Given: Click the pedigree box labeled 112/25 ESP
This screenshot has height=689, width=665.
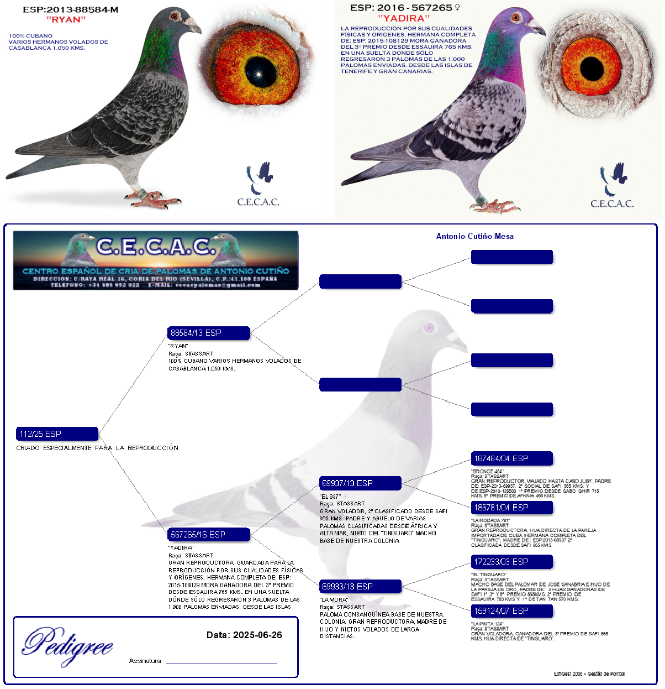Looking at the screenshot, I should [x=57, y=434].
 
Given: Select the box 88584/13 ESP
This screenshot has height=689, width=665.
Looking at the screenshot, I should [x=209, y=333].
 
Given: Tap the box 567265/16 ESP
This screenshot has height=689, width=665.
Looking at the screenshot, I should [x=209, y=535].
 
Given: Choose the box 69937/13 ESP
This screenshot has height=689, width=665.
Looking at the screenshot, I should [x=360, y=483].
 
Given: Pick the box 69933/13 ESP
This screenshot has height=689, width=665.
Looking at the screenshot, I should [x=360, y=587].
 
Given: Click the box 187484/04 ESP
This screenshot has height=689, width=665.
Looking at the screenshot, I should [x=511, y=458].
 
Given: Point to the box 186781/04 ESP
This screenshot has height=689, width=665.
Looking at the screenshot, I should [x=511, y=507].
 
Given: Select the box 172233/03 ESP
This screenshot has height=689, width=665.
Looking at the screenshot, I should [x=511, y=562].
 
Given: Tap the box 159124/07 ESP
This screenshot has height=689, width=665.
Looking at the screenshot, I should [x=511, y=611].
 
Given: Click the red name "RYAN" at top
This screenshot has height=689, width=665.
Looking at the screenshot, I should [x=66, y=20].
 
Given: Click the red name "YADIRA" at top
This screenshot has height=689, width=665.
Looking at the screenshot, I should [x=404, y=18].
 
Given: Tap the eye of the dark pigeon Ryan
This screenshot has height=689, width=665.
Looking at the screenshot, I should [x=175, y=17].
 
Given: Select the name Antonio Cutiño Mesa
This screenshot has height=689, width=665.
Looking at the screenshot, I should [x=475, y=236].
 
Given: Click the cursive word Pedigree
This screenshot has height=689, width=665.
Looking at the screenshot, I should [x=68, y=645].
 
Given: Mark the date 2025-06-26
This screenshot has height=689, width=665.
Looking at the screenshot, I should [x=244, y=635].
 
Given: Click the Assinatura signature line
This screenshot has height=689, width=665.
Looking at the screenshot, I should [x=221, y=661].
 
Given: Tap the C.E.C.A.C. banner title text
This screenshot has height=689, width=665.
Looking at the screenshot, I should [x=155, y=246].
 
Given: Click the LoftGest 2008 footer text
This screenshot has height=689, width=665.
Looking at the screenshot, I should [x=589, y=674].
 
